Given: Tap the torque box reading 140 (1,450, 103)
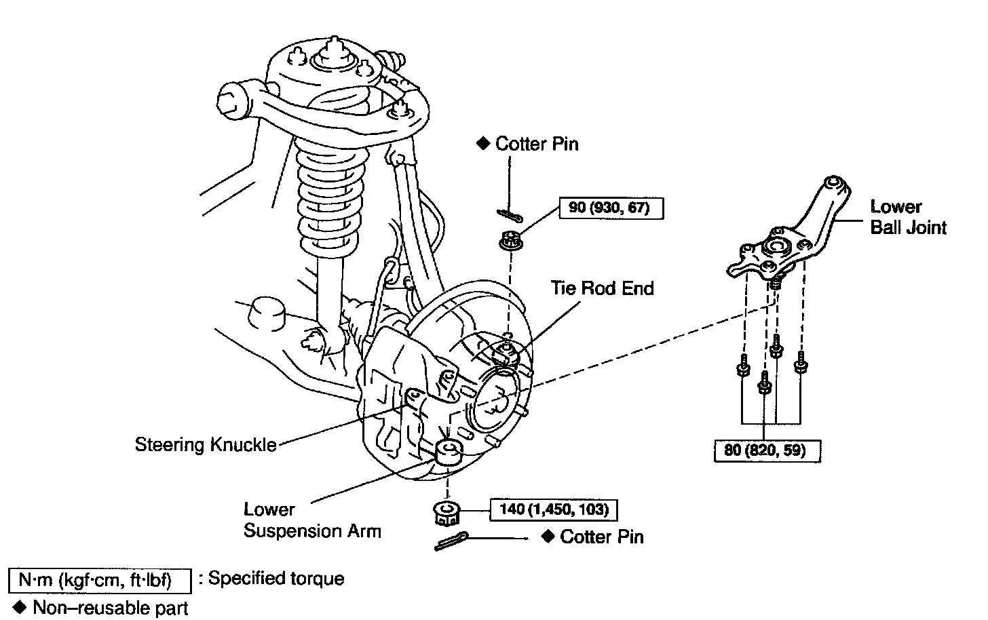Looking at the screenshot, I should (x=554, y=509).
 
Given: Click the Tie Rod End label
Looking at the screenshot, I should (x=602, y=288).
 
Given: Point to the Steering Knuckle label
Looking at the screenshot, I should (x=206, y=445).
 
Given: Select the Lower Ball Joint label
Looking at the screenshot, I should (x=908, y=217).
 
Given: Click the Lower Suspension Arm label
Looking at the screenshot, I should (x=312, y=520).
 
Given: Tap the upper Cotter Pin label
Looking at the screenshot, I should (x=536, y=144).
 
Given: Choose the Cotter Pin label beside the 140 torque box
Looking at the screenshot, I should (x=601, y=537).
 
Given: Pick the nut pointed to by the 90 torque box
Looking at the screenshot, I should (x=509, y=240).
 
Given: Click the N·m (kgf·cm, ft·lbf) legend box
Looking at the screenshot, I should (x=100, y=580).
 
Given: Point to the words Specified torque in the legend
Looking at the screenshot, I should (x=276, y=579).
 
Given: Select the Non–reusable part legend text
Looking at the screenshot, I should (x=111, y=607).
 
